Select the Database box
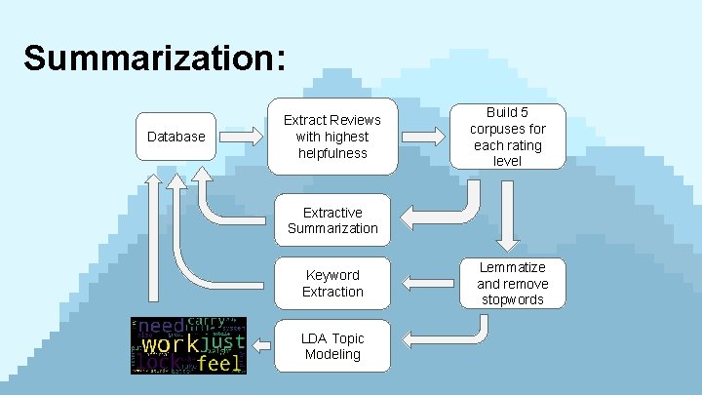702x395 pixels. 175,137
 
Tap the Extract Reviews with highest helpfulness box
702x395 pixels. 332,137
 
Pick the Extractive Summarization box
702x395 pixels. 332,220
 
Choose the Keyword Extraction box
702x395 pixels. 332,283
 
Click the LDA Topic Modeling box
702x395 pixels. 332,346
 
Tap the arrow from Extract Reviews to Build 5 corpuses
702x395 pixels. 425,137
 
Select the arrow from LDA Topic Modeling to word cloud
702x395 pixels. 260,345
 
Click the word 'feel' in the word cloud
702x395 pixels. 219,363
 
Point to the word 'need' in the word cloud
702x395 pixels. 162,326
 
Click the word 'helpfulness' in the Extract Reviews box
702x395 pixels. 332,153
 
